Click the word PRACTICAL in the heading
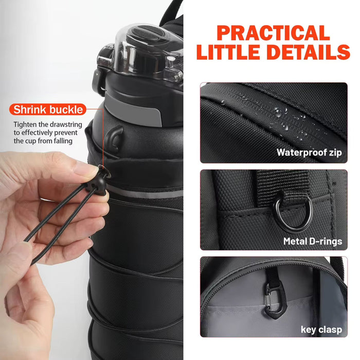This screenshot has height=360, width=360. click(273, 33)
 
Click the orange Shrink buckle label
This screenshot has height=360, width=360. click(48, 109)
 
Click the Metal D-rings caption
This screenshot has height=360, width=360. click(312, 241)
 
